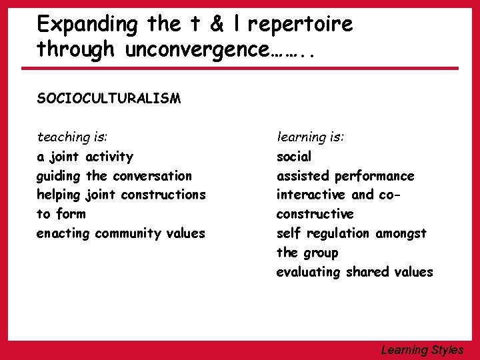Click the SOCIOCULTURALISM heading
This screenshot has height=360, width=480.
click(109, 99)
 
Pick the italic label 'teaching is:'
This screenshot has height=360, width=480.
click(73, 137)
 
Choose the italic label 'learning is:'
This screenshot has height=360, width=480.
click(311, 137)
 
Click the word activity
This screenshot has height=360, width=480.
click(109, 157)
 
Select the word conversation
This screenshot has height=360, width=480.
click(152, 176)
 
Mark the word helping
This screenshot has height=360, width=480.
click(59, 195)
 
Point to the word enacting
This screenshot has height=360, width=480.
click(63, 234)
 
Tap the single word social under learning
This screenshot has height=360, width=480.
click(294, 157)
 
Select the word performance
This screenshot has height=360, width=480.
click(374, 176)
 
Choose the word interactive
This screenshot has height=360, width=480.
click(311, 195)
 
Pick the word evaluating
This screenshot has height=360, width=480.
click(309, 272)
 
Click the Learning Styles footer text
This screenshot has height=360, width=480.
click(422, 349)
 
